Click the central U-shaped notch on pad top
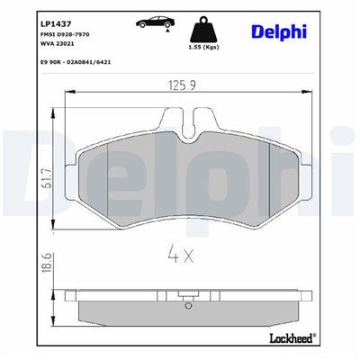188,131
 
